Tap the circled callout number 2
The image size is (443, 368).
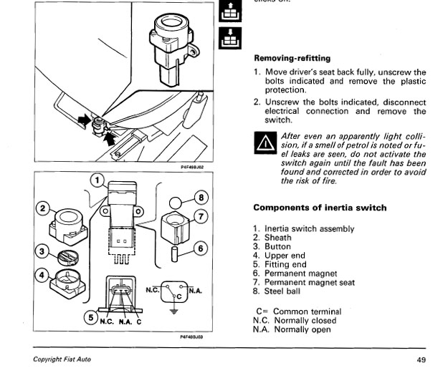(43, 208)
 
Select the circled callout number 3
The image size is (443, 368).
(42, 251)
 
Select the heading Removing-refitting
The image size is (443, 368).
(292, 59)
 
